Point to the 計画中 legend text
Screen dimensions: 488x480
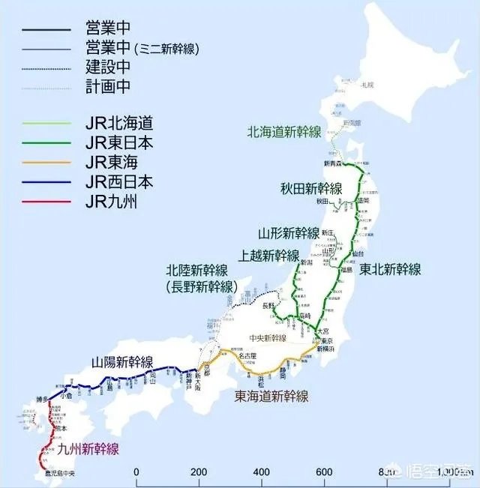pyautogui.click(x=108, y=87)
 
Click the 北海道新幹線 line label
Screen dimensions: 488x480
pyautogui.click(x=284, y=132)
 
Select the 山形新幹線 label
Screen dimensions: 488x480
pyautogui.click(x=289, y=232)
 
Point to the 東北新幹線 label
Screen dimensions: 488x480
pyautogui.click(x=390, y=268)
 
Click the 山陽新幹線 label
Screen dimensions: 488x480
pyautogui.click(x=122, y=360)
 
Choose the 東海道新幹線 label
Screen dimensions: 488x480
pyautogui.click(x=271, y=396)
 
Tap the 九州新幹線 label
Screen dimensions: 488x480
pyautogui.click(x=88, y=450)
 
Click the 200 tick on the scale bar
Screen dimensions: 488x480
pyautogui.click(x=199, y=472)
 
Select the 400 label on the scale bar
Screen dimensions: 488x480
pyautogui.click(x=262, y=472)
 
